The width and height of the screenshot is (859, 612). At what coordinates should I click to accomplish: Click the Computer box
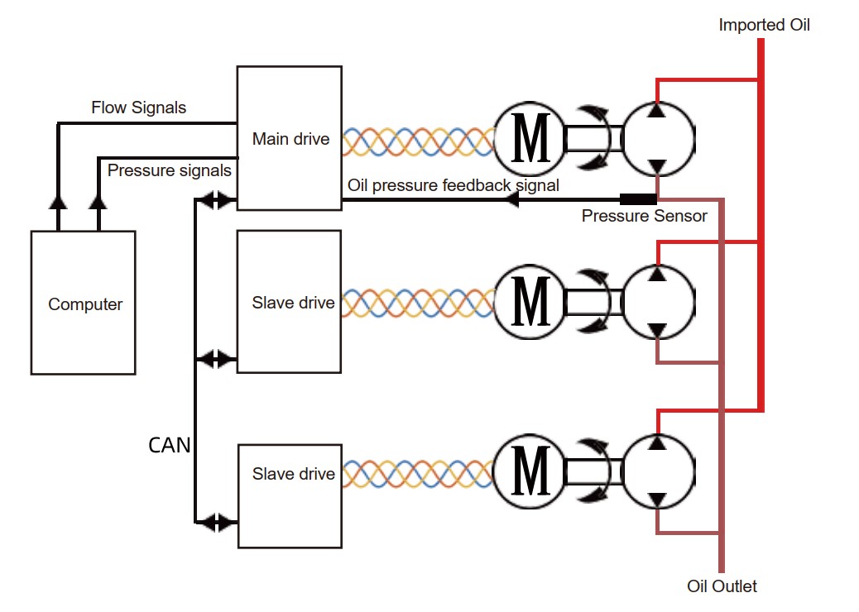[83, 303]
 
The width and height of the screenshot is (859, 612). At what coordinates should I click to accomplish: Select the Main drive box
[289, 137]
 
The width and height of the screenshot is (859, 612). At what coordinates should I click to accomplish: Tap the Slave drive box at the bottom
[289, 495]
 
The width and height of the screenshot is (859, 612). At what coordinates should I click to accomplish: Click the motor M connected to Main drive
[529, 139]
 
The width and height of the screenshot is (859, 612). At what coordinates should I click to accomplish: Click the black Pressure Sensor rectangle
[638, 199]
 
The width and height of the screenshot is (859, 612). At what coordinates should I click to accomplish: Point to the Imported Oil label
[764, 25]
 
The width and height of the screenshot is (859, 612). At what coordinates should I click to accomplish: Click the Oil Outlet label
[722, 586]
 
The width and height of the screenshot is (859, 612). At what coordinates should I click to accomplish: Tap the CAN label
[170, 445]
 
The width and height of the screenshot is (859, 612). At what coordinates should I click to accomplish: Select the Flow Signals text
[138, 108]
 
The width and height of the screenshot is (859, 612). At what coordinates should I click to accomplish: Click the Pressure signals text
[169, 170]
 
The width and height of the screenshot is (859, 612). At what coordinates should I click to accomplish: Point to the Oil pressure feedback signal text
[453, 185]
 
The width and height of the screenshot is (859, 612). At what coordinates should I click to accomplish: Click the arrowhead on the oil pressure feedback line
[512, 199]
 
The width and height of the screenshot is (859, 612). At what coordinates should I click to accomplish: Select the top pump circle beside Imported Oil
[657, 138]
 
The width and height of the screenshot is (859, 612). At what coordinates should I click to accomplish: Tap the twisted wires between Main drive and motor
[417, 141]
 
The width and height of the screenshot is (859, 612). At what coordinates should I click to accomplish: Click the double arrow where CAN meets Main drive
[218, 199]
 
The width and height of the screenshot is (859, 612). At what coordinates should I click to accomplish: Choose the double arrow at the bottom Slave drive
[218, 522]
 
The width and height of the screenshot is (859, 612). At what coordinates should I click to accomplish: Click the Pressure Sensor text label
[644, 216]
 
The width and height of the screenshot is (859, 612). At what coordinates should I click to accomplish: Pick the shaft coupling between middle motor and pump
[593, 303]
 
